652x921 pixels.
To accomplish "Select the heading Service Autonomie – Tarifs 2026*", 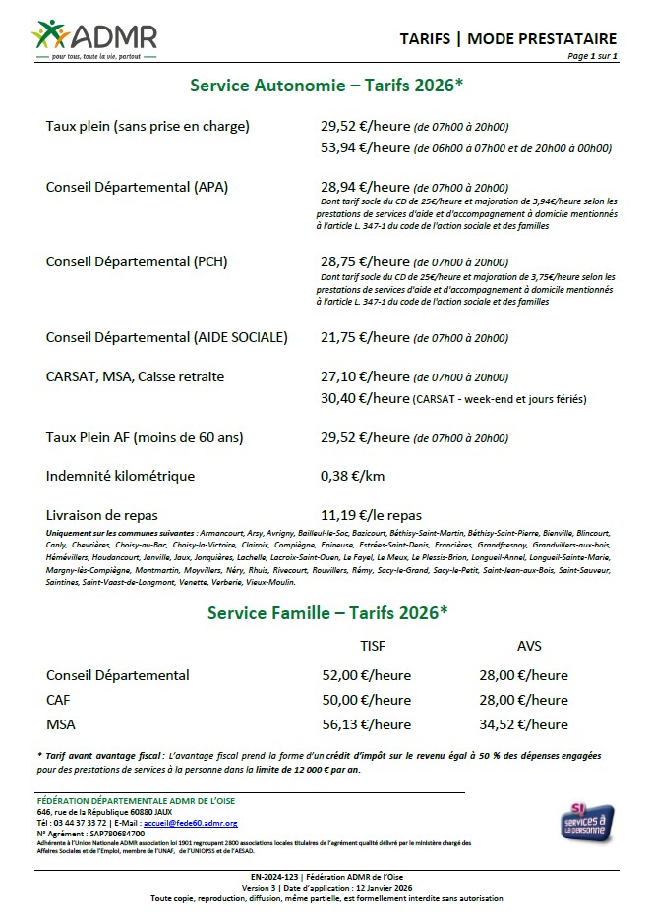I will click(326, 86).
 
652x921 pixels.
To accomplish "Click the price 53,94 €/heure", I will click(365, 148).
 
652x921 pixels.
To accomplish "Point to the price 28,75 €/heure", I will click(365, 262).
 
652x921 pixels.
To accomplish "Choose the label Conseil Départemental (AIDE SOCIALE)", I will click(166, 337).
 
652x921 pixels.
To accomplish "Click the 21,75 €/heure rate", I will click(365, 337).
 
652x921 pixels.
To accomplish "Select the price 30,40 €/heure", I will click(365, 398).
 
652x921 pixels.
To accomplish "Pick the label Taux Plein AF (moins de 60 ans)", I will click(145, 437).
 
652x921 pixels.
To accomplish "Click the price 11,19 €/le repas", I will click(371, 514).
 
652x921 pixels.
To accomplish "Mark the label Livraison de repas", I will click(101, 514).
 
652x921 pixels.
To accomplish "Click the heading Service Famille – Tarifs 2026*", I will click(327, 611).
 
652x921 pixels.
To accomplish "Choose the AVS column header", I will click(529, 646).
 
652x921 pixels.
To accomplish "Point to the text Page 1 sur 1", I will click(592, 57).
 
